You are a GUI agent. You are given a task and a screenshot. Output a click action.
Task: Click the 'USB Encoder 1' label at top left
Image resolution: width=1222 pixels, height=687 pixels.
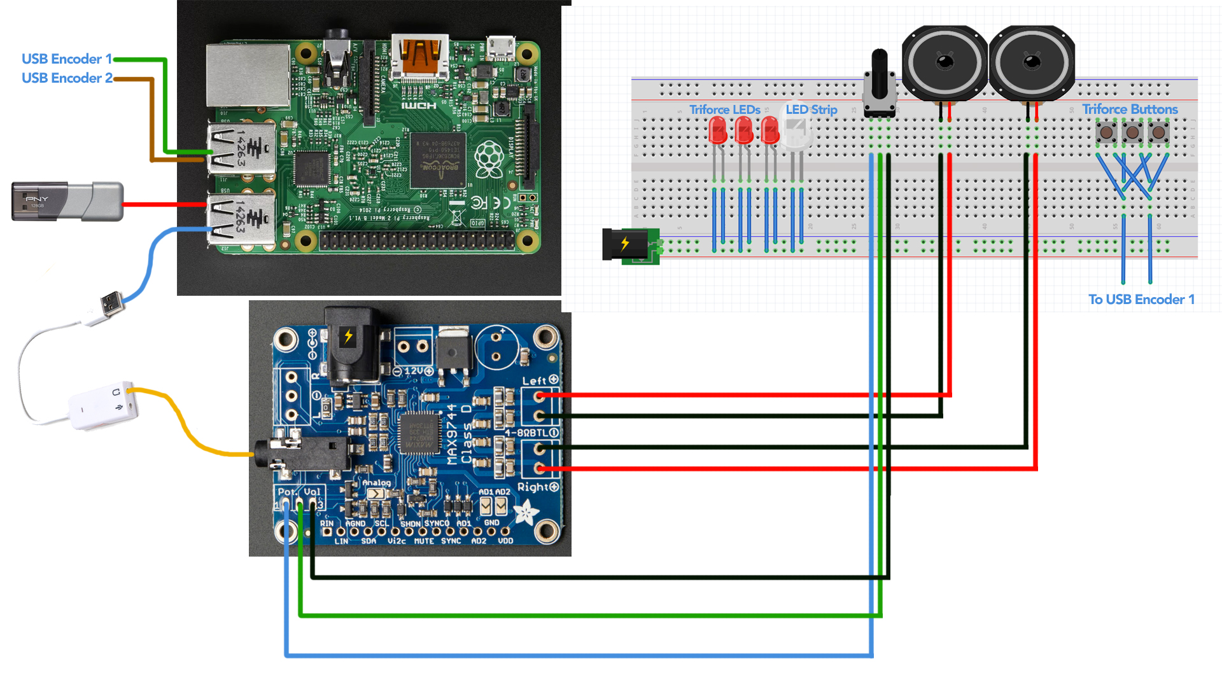click(x=66, y=59)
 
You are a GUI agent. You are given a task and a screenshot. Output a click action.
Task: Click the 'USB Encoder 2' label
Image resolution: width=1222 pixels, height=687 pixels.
click(x=67, y=78)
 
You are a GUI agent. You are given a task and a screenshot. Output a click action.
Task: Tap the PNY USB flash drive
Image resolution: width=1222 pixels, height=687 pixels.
click(x=67, y=202)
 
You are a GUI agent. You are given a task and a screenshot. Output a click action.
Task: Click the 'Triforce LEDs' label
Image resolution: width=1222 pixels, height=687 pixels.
click(x=725, y=109)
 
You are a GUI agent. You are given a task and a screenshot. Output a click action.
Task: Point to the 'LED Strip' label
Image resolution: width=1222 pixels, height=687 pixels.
click(x=811, y=109)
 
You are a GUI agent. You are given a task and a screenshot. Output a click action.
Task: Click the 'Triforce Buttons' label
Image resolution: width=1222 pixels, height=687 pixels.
click(x=1130, y=109)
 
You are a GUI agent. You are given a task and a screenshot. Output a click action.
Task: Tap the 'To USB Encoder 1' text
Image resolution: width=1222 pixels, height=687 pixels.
click(x=1141, y=299)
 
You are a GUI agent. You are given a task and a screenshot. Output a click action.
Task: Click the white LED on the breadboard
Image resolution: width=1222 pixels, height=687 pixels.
click(x=795, y=133)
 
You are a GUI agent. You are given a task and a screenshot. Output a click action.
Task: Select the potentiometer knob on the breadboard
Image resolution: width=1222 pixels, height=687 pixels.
click(x=880, y=83)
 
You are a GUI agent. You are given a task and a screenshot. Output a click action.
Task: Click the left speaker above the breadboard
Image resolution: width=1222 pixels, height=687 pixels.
click(x=945, y=63)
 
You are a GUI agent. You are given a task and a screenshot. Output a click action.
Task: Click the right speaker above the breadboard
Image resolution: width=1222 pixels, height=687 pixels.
click(x=1032, y=63)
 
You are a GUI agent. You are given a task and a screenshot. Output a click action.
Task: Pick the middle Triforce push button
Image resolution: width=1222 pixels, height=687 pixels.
click(x=1132, y=133)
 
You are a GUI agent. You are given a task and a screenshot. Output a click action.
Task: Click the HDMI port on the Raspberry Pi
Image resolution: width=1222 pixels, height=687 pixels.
click(x=419, y=57)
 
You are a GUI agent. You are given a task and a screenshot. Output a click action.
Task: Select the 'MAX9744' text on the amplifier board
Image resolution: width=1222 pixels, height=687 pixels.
click(x=452, y=434)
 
